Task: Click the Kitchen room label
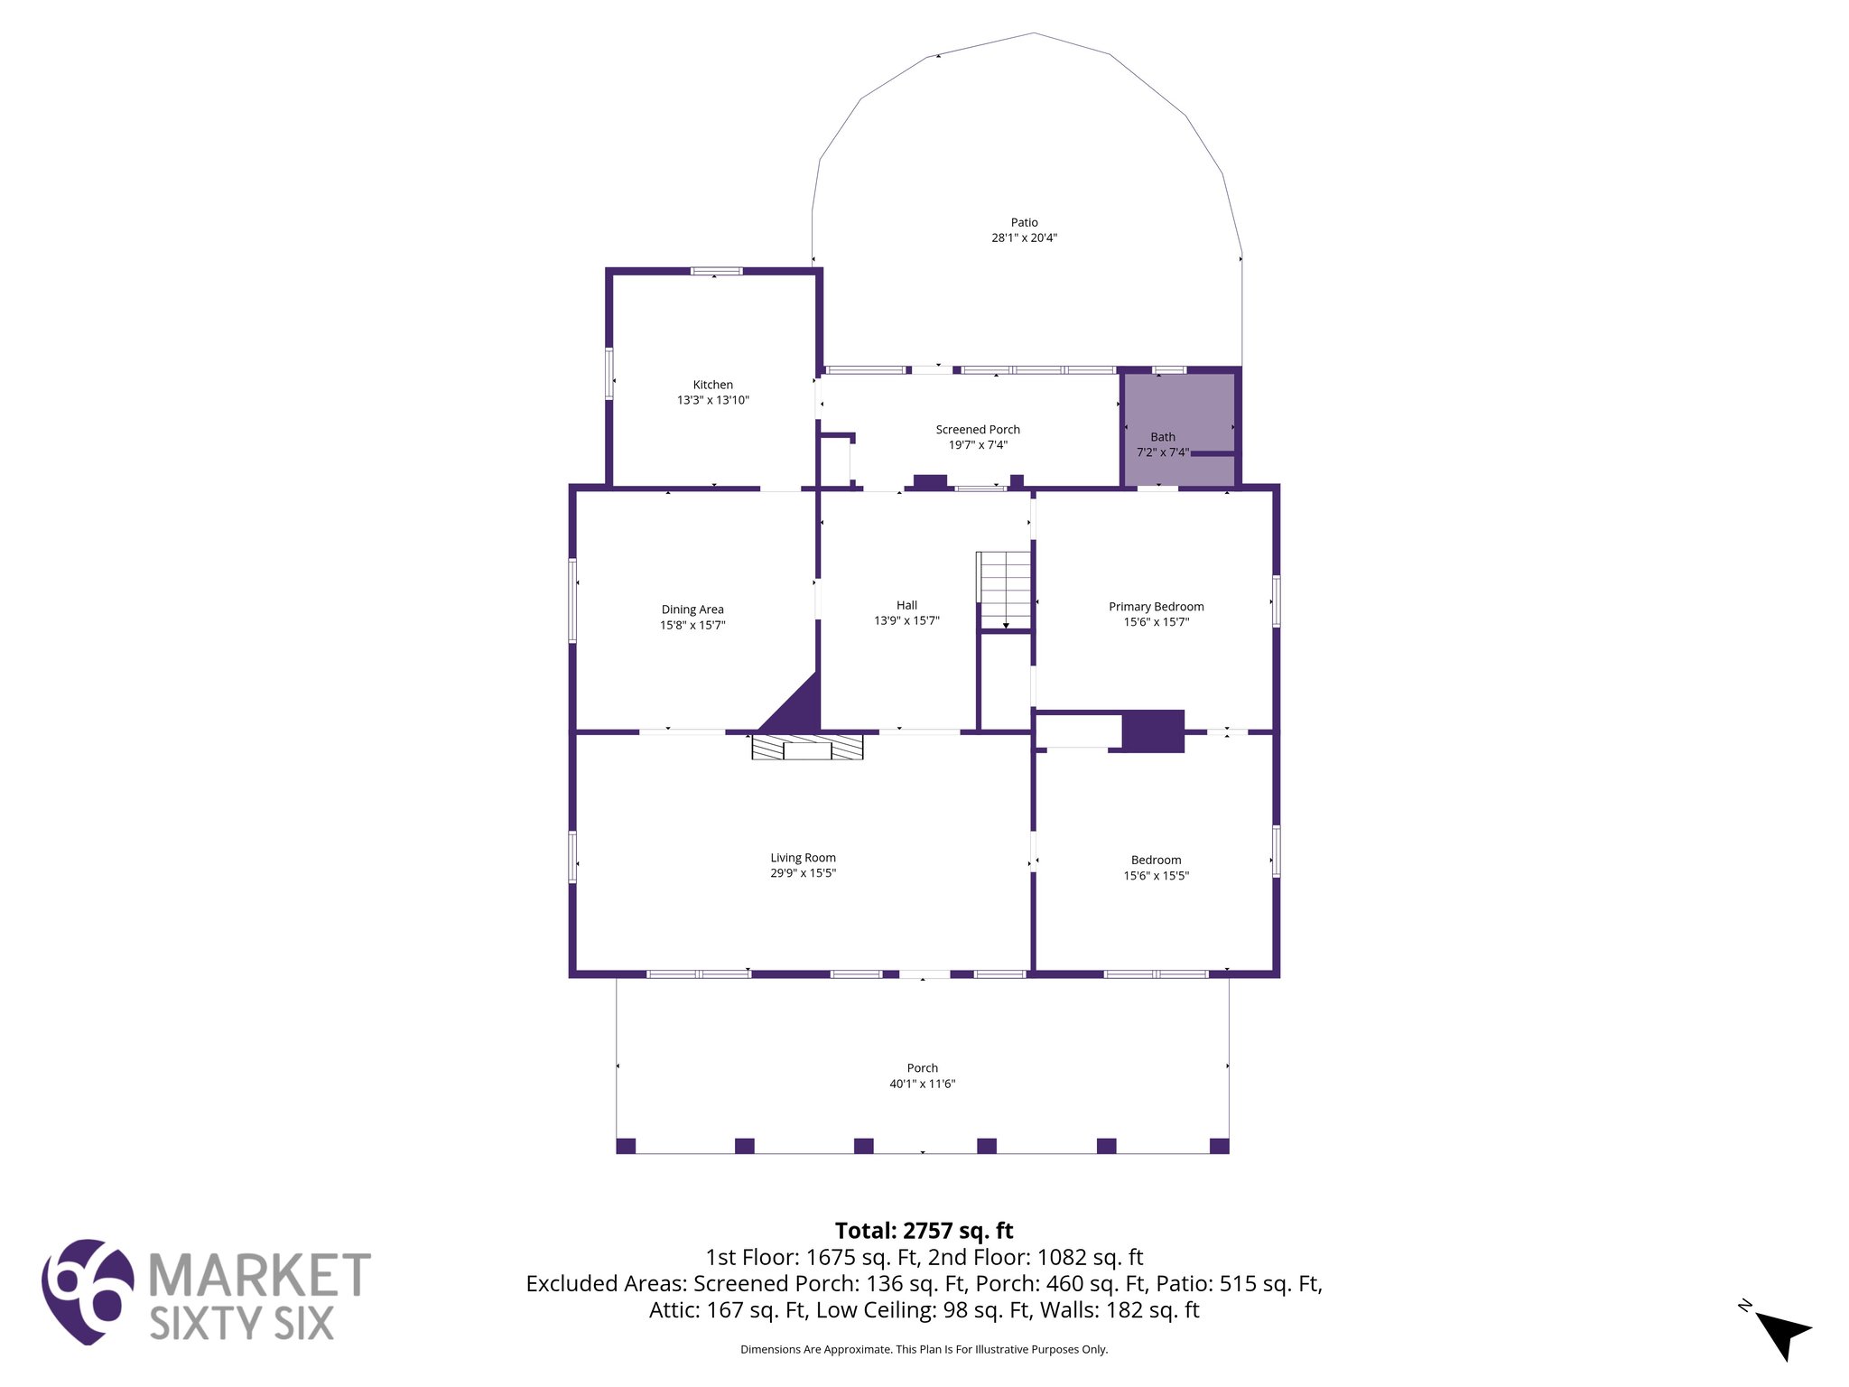[712, 385]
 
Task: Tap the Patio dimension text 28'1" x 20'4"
[1024, 238]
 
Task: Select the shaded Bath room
[1178, 415]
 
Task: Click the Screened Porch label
[978, 430]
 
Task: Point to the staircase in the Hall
[1004, 589]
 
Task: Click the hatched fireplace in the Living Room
[807, 748]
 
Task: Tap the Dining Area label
[692, 610]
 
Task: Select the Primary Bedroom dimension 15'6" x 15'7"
[1156, 622]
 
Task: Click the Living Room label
[803, 858]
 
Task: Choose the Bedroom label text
[1156, 861]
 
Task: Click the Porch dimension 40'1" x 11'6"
[922, 1084]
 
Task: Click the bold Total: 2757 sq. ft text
[924, 1231]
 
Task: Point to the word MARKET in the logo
[259, 1276]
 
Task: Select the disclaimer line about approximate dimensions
[924, 1349]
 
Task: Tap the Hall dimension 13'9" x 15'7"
[906, 620]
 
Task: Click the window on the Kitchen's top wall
[716, 271]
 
